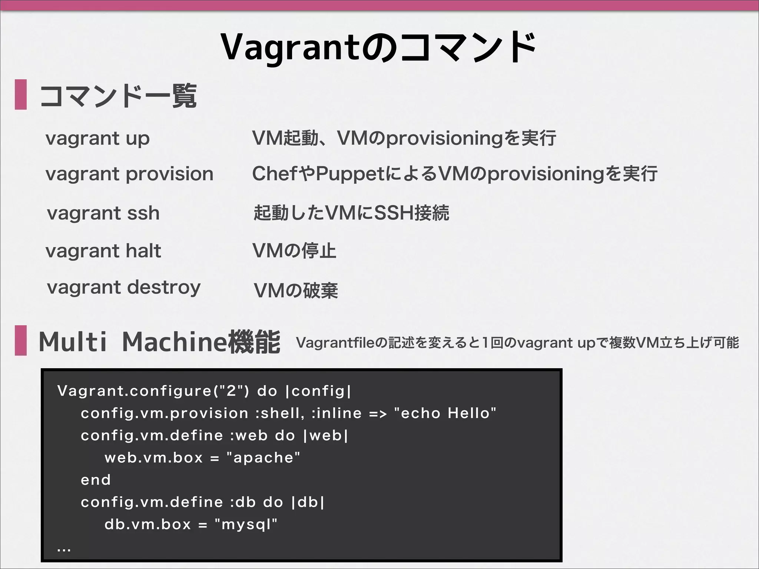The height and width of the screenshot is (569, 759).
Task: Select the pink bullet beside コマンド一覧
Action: click(x=21, y=94)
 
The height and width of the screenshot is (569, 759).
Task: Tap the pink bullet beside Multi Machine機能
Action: click(x=21, y=340)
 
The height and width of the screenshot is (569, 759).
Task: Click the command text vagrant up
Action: click(x=97, y=139)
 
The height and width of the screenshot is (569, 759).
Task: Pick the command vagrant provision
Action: click(x=129, y=174)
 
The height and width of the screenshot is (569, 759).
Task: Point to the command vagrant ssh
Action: click(x=103, y=213)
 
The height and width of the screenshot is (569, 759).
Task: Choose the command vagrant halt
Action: click(x=103, y=251)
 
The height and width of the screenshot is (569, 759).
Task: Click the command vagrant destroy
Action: click(x=124, y=288)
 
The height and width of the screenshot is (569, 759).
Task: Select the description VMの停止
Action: click(x=294, y=251)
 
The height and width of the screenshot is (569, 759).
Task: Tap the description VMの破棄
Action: click(x=296, y=290)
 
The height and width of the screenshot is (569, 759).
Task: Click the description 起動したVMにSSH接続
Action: click(x=351, y=213)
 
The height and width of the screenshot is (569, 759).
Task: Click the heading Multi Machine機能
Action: click(x=159, y=342)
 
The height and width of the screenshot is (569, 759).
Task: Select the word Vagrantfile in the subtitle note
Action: click(x=336, y=343)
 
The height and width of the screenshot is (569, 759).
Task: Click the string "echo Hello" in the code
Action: click(x=445, y=413)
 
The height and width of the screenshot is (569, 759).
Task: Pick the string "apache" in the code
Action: click(x=263, y=457)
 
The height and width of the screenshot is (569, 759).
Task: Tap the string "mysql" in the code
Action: click(x=246, y=524)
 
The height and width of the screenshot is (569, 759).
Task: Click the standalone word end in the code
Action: click(x=96, y=480)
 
